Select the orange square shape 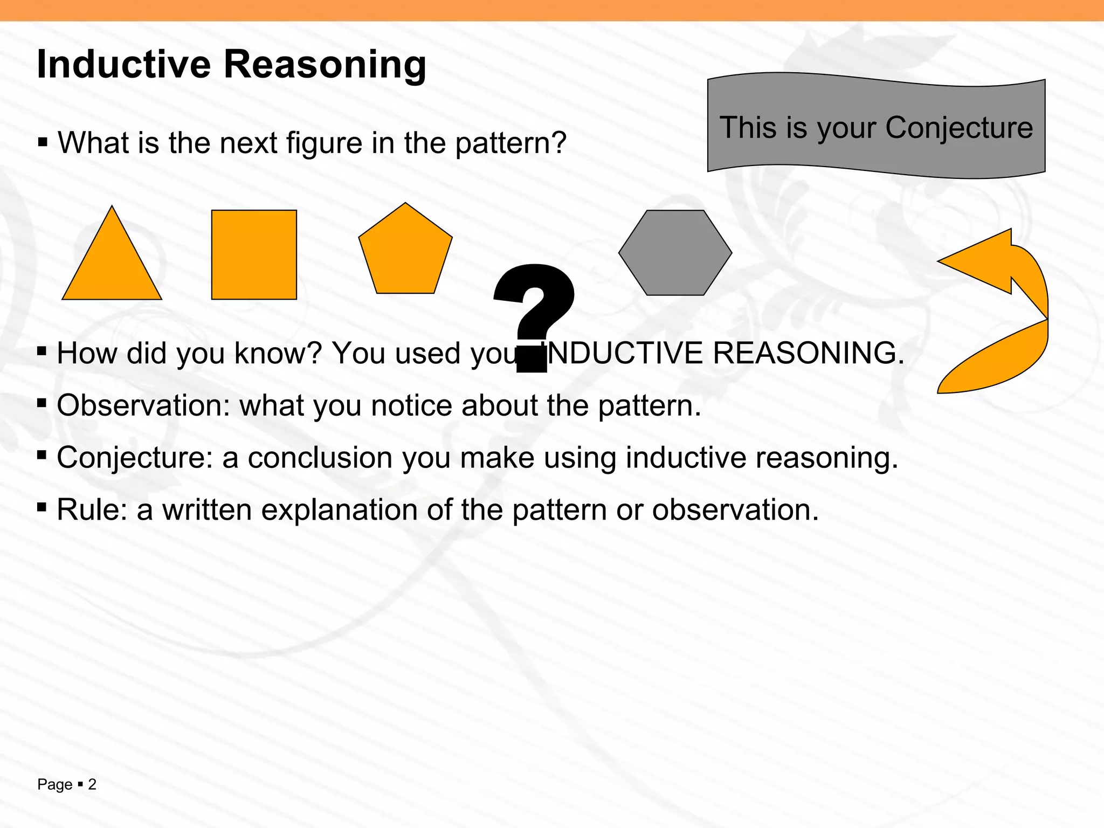(254, 254)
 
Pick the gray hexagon (675, 253)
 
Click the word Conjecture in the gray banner (959, 128)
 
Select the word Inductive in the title (123, 64)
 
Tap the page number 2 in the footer (92, 784)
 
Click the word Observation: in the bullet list (143, 405)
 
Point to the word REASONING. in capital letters (809, 353)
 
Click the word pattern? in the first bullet (510, 143)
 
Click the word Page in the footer (54, 784)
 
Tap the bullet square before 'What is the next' (43, 143)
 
